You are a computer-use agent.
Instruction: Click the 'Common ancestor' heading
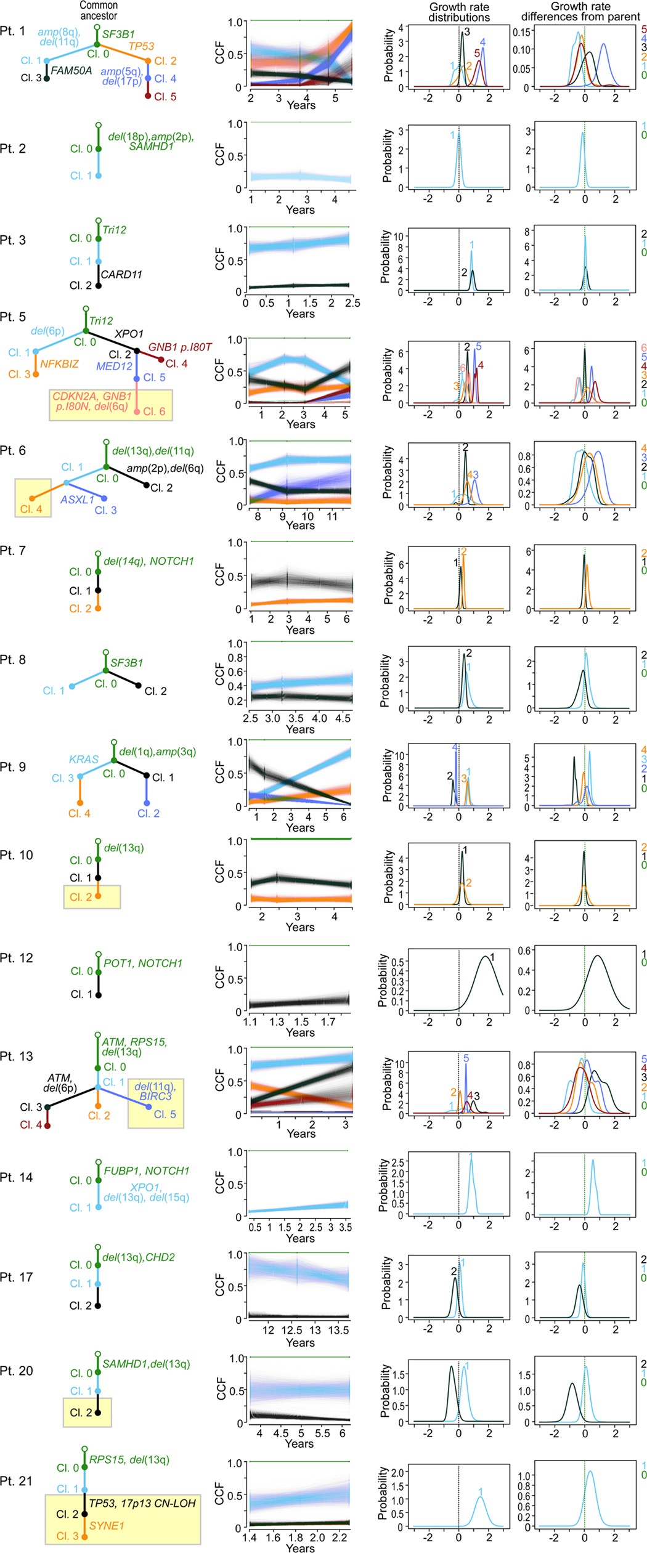coord(99,10)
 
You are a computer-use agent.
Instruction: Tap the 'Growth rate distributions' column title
coord(459,12)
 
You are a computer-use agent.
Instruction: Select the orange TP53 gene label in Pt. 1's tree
coord(141,46)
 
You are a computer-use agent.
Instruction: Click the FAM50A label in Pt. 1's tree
coord(71,71)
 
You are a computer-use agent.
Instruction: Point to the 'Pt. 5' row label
coord(13,317)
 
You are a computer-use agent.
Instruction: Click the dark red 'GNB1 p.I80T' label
coord(179,347)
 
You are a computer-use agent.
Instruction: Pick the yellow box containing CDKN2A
coord(111,405)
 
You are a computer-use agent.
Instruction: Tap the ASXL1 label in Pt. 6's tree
coord(77,500)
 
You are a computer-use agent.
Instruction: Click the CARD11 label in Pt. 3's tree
coord(121,275)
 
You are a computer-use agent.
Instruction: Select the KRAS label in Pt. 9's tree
coord(84,760)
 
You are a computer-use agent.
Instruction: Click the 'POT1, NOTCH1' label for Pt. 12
coord(143,963)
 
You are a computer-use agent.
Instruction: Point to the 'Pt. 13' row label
coord(16,1056)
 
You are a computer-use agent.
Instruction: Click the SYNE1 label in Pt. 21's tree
coord(107,1525)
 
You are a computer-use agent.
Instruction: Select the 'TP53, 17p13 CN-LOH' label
coord(142,1504)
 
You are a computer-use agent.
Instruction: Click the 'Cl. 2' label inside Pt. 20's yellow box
coord(81,1412)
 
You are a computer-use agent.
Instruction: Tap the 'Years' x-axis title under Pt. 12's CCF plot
coord(300,1032)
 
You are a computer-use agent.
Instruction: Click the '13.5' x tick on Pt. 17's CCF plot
coord(338,1330)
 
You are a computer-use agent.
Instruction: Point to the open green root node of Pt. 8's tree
coord(106,652)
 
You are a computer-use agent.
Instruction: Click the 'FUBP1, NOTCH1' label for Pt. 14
coord(146,1170)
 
